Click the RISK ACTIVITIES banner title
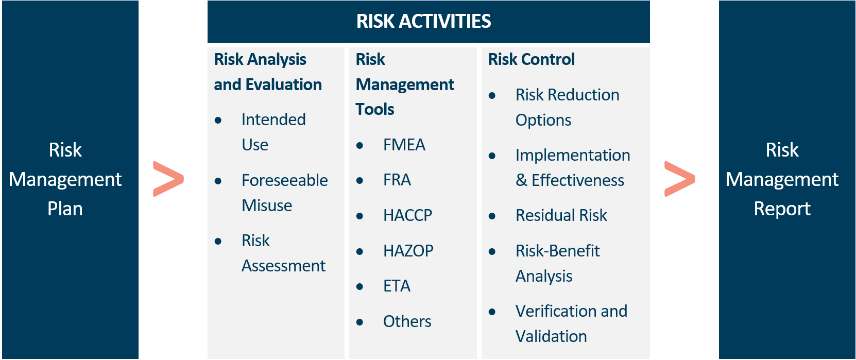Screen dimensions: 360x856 423,21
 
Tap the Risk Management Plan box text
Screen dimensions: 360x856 65,179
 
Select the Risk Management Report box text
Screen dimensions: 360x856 782,179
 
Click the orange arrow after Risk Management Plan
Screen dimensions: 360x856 168,179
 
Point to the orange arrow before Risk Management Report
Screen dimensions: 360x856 679,179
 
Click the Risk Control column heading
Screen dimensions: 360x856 531,60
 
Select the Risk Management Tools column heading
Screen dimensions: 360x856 405,84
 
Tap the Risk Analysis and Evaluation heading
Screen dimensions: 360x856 267,72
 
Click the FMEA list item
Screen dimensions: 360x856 404,145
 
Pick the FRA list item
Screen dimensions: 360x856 397,180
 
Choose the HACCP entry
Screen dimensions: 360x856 407,215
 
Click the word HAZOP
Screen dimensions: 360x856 408,251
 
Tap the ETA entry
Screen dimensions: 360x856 397,286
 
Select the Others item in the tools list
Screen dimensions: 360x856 407,321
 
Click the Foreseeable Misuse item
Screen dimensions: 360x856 284,193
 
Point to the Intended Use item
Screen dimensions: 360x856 273,132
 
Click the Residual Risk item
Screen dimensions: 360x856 561,215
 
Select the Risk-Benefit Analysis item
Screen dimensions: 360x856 557,263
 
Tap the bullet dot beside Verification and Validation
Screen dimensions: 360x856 492,312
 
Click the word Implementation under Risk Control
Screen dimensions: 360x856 573,155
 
